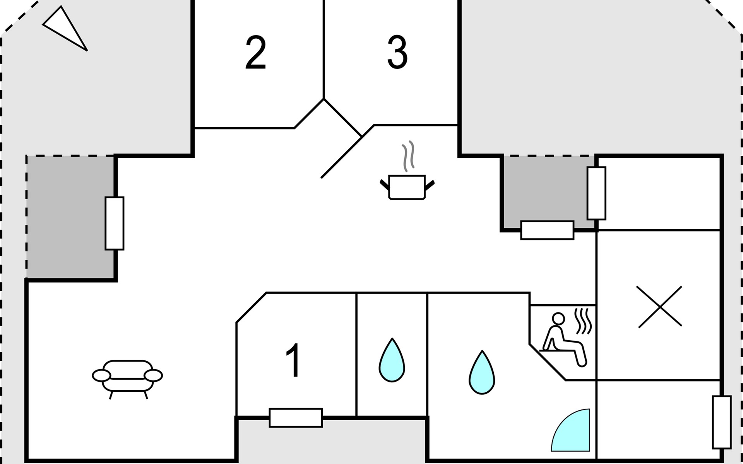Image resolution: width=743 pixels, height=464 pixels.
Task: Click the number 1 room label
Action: click(294, 360)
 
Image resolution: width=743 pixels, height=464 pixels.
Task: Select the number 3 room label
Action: click(397, 53)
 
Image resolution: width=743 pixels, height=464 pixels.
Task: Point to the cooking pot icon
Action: click(407, 188)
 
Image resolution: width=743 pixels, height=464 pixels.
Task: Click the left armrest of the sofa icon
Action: click(101, 375)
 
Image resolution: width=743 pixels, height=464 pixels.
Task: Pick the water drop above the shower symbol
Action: click(482, 373)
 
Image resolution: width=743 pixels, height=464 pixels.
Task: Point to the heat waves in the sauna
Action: click(584, 321)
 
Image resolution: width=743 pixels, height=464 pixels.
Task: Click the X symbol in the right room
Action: click(659, 307)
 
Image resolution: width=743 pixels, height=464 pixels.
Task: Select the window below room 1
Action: click(296, 418)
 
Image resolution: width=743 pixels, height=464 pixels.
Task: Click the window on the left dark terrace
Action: click(115, 223)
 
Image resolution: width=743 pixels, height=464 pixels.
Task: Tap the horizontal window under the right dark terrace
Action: click(547, 230)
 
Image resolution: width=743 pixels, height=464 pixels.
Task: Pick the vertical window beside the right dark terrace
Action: click(596, 193)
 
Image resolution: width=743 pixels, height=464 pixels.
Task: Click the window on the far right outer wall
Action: click(722, 422)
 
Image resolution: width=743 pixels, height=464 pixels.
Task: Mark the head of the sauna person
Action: click(558, 319)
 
